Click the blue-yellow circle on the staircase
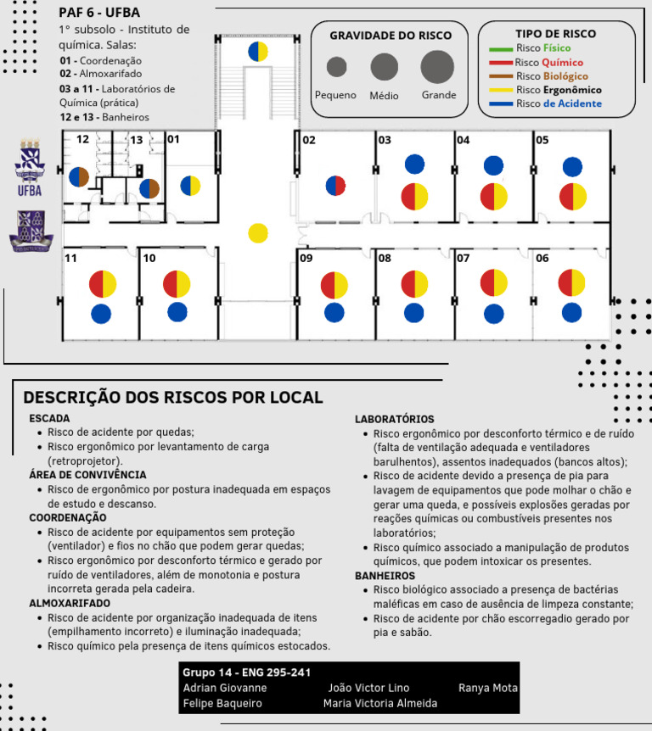coord(258,52)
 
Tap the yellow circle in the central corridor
coord(258,232)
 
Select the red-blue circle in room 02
coord(335,186)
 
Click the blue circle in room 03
coord(414,165)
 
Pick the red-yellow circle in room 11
coord(103,284)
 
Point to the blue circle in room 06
coord(572,312)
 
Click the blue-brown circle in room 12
coord(79,176)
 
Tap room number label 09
coord(306,259)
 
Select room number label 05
coord(542,140)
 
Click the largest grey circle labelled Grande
coord(437,66)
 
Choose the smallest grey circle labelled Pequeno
coord(336,66)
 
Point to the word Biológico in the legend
coord(565,76)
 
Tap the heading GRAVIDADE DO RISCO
coord(391,36)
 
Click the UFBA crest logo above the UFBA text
coord(29,159)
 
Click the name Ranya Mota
coord(487,688)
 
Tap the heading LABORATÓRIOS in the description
coord(394,419)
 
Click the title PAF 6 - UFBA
coord(99,13)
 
